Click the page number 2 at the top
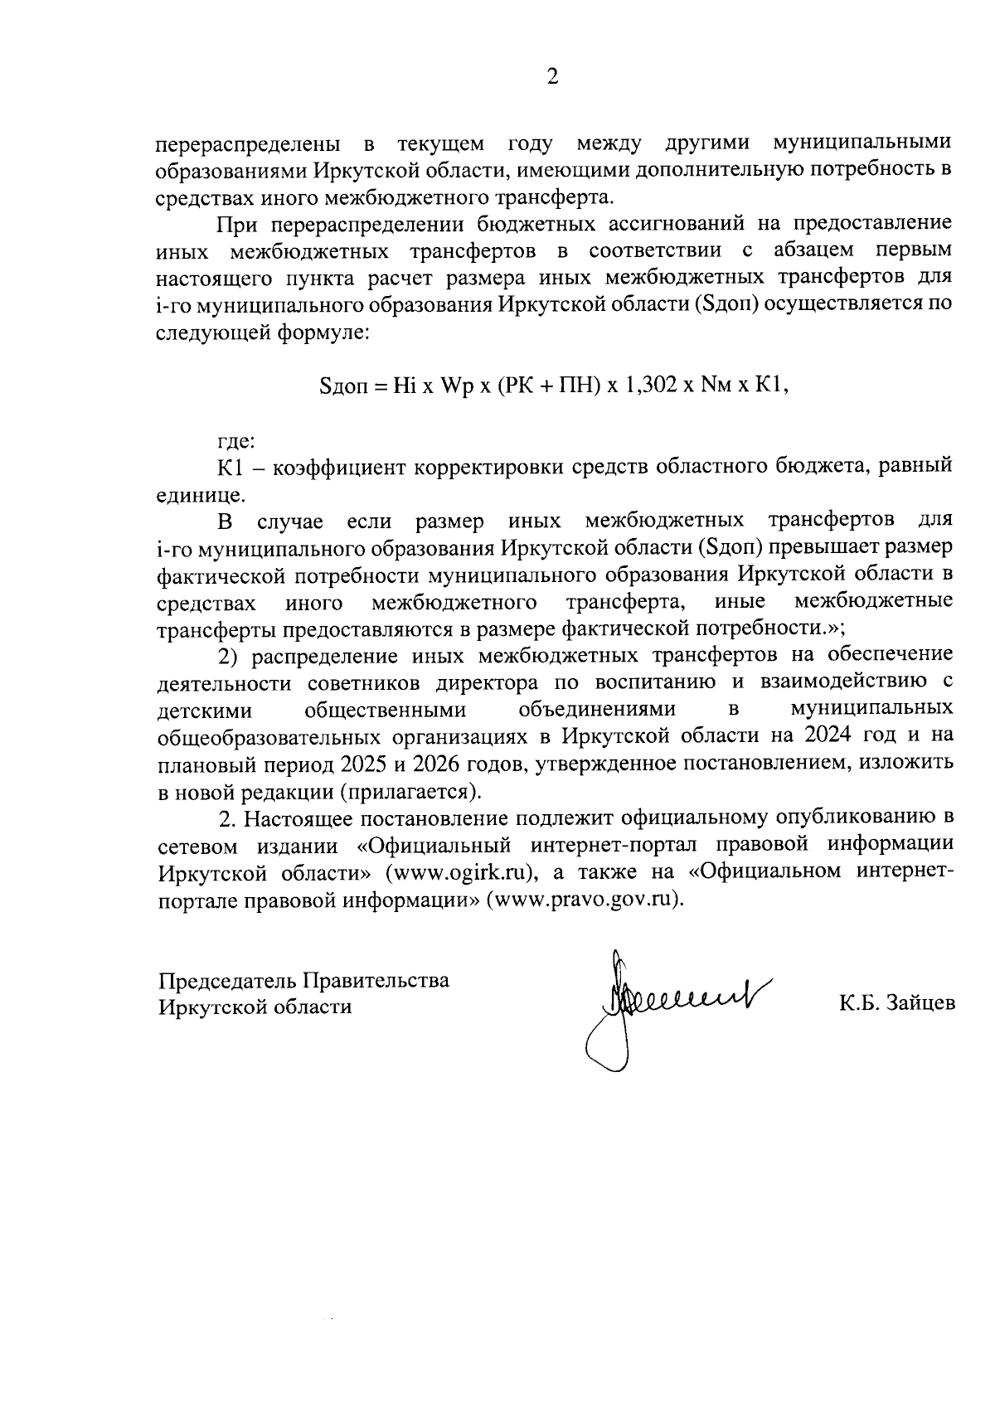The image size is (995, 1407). click(x=552, y=77)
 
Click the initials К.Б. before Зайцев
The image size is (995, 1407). click(x=857, y=1003)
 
